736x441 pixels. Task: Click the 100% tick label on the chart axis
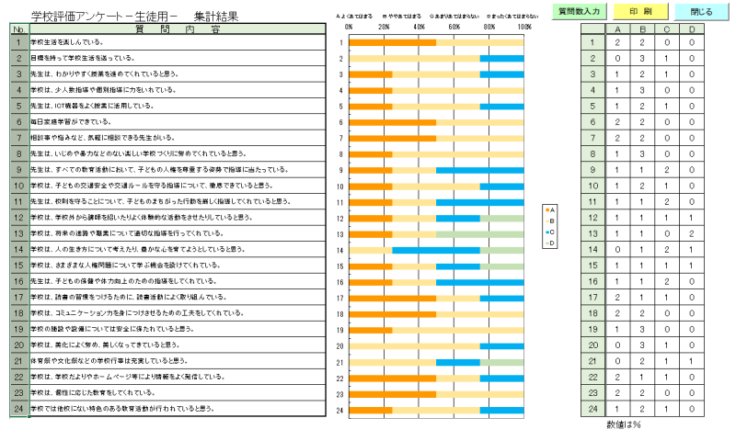pyautogui.click(x=523, y=27)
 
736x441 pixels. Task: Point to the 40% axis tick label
pyautogui.click(x=419, y=27)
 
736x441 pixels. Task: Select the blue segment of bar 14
pyautogui.click(x=436, y=250)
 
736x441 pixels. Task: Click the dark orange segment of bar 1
pyautogui.click(x=392, y=42)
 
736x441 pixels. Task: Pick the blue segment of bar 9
pyautogui.click(x=479, y=170)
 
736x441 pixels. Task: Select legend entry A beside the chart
pyautogui.click(x=549, y=210)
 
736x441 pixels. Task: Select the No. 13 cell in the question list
pyautogui.click(x=17, y=233)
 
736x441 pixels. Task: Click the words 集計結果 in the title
pyautogui.click(x=216, y=16)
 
